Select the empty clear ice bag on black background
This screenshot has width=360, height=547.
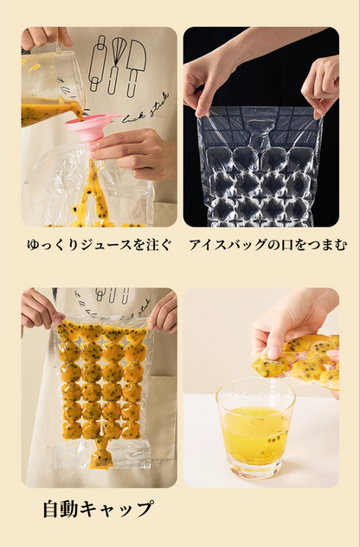pyautogui.click(x=260, y=169)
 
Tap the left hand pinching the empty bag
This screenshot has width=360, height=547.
pyautogui.click(x=206, y=82)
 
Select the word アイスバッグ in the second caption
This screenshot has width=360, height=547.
pyautogui.click(x=223, y=245)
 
